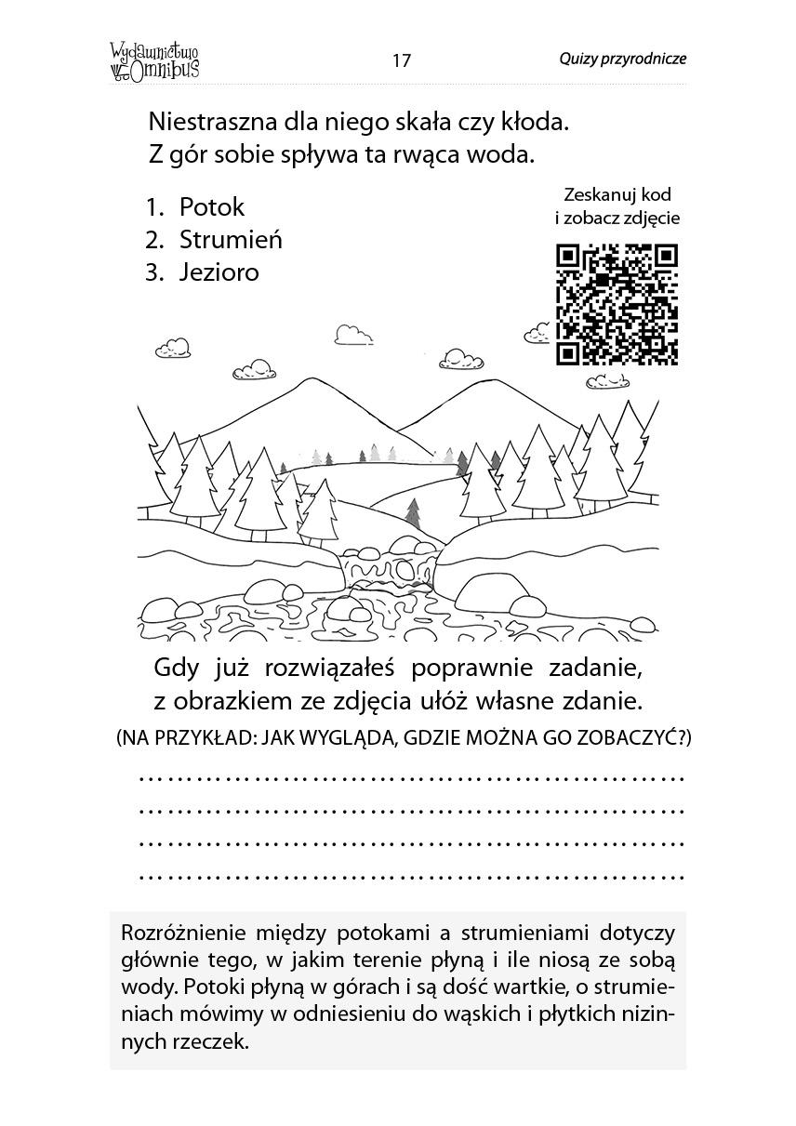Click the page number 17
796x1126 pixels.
tap(401, 61)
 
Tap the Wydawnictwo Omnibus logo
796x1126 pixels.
tap(154, 60)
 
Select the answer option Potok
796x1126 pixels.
tap(212, 206)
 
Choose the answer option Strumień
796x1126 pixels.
tap(231, 240)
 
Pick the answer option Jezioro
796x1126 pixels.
tap(219, 273)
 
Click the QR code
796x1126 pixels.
tap(617, 304)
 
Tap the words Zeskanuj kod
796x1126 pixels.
tap(617, 195)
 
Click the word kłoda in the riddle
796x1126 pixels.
tap(531, 122)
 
